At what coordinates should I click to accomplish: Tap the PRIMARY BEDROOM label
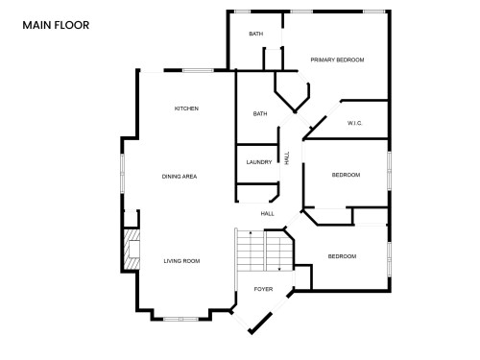tap(337, 60)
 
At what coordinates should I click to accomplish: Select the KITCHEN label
tap(186, 108)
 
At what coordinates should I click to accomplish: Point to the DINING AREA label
tap(180, 177)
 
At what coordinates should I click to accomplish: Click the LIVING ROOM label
tap(180, 260)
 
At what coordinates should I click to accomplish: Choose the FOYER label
tap(262, 288)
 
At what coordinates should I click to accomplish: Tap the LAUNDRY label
tap(259, 162)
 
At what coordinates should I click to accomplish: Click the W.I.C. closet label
tap(354, 123)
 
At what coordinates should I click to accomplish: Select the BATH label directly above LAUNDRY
tap(259, 114)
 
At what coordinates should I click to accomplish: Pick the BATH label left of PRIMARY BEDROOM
tap(255, 35)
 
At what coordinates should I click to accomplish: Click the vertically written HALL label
tap(286, 156)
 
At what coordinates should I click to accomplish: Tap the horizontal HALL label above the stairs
tap(267, 213)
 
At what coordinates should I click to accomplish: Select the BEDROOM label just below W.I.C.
tap(346, 175)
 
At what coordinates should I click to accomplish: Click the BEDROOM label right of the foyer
tap(342, 256)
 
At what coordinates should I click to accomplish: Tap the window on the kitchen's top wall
tap(199, 70)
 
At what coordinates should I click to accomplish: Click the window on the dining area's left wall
tap(122, 173)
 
